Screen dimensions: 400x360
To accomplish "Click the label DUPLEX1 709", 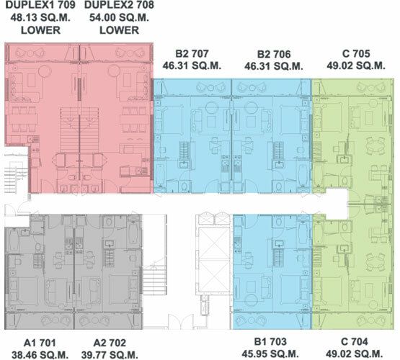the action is coord(40,5).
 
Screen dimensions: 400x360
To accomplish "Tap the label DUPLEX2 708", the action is coord(119,5).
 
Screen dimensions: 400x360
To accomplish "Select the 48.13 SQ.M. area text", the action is coord(40,17).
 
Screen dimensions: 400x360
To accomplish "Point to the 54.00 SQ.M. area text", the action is coord(119,17).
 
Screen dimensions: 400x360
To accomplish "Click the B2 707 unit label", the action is coord(192,54).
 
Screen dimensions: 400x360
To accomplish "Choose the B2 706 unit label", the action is coord(274,54).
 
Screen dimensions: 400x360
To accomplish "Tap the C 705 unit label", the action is coord(356,54).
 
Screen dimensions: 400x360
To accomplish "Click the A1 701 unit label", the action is coord(40,343).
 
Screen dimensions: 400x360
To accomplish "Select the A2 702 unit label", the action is coord(110,343).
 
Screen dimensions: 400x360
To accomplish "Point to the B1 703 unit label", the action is coord(270,341).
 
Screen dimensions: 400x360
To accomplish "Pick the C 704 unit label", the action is coord(355,341).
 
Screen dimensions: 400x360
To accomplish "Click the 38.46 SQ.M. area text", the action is coord(40,355).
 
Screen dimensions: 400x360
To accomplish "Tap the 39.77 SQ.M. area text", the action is coord(110,355).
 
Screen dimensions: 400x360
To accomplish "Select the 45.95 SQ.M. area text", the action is coord(270,354).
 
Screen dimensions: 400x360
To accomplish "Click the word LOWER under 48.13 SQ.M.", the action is coord(40,30).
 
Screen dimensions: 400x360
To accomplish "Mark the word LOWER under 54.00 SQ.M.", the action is coord(119,30).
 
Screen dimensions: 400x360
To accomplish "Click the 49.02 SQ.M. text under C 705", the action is coord(356,66).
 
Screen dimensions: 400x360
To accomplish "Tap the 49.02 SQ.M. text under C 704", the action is coord(355,354).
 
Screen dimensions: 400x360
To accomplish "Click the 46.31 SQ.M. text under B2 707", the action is coord(192,66).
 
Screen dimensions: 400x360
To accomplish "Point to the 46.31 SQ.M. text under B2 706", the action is coord(274,66).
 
